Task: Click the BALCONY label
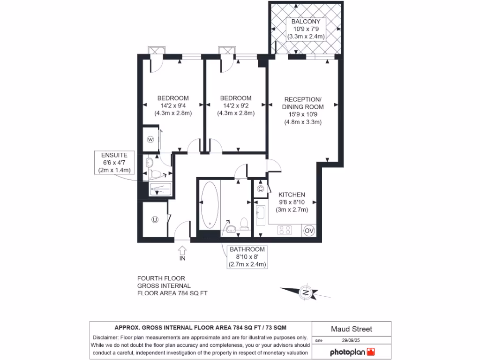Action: click(x=306, y=22)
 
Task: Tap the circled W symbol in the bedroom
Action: click(x=151, y=139)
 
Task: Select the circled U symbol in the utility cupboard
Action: click(x=154, y=219)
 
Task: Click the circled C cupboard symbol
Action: click(x=261, y=189)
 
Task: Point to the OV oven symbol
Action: click(x=309, y=230)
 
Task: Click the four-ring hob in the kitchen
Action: click(x=285, y=230)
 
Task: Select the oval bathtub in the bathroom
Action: click(x=210, y=205)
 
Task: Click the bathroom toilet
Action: click(x=244, y=223)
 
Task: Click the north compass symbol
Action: click(x=306, y=292)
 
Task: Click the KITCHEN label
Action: click(x=292, y=195)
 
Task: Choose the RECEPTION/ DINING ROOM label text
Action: click(x=303, y=103)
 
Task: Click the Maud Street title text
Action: click(x=352, y=329)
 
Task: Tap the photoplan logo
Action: click(x=352, y=352)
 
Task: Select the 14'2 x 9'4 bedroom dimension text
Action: click(x=172, y=105)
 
